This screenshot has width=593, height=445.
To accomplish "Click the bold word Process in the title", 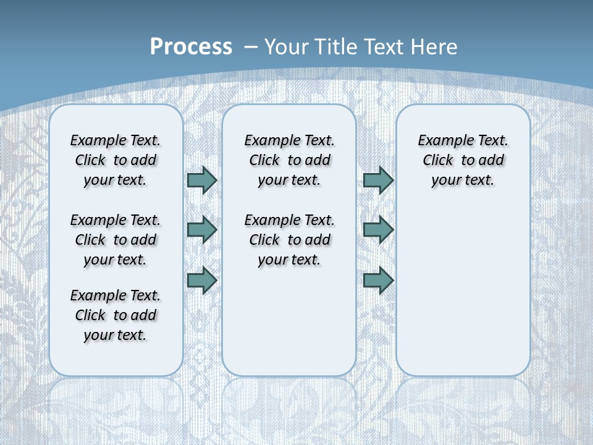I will click(191, 46).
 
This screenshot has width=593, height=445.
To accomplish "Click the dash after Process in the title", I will click(251, 47).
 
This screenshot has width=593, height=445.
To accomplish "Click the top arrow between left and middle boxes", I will click(202, 180).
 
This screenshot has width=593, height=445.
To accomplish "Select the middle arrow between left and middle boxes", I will click(202, 230).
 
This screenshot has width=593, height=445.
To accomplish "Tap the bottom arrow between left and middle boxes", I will click(202, 280).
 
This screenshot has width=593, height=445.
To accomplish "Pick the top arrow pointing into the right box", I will click(378, 180).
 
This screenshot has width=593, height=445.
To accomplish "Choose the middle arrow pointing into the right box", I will click(378, 230).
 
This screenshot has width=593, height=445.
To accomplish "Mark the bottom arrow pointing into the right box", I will click(378, 280).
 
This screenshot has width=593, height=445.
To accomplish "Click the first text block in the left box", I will click(116, 160).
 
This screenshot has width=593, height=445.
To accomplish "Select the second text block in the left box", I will click(116, 240).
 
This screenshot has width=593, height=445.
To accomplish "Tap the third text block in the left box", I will click(116, 315).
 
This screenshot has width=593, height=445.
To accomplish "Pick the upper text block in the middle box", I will click(290, 160).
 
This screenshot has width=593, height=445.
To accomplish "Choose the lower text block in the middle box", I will click(290, 240).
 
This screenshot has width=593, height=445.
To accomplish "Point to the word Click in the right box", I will click(438, 161).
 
